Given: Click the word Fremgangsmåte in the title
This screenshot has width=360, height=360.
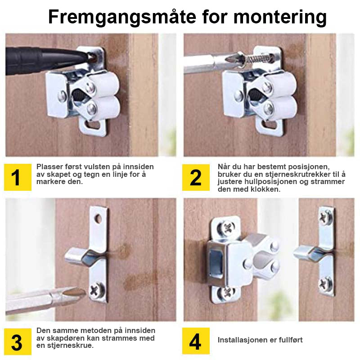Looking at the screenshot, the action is pyautogui.click(x=122, y=18).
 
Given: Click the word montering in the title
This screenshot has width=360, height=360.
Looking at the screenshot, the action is pyautogui.click(x=280, y=18).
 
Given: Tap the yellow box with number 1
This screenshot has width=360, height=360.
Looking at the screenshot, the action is pyautogui.click(x=18, y=177).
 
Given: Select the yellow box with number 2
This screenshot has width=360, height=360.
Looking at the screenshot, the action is pyautogui.click(x=196, y=177).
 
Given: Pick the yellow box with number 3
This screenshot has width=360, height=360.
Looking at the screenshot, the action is pyautogui.click(x=18, y=342).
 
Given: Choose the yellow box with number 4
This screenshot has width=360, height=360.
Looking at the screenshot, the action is pyautogui.click(x=196, y=341).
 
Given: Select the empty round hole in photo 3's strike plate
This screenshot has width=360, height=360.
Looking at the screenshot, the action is pyautogui.click(x=98, y=219).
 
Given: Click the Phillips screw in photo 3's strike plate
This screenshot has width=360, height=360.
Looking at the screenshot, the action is pyautogui.click(x=97, y=290).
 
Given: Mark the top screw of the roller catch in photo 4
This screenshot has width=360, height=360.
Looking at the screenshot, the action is pyautogui.click(x=226, y=228).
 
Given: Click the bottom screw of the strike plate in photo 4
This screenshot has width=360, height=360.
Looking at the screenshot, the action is pyautogui.click(x=326, y=285).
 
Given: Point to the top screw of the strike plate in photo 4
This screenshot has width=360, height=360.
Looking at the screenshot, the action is pyautogui.click(x=326, y=217).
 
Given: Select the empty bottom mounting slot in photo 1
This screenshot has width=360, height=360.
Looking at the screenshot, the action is pyautogui.click(x=93, y=126).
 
